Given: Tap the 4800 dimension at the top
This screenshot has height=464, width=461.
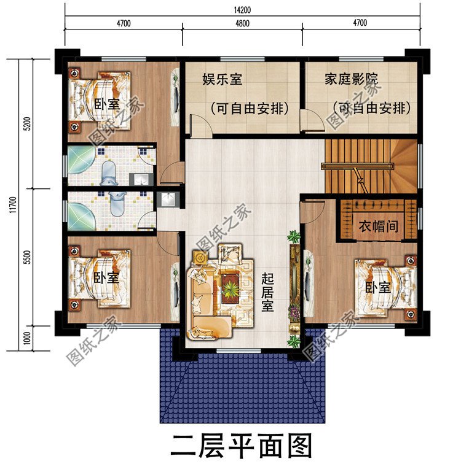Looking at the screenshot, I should tap(242, 24).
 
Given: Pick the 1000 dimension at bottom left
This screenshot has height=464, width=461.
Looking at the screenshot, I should tap(26, 337).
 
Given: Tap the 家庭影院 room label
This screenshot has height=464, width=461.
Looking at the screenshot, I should tap(351, 80).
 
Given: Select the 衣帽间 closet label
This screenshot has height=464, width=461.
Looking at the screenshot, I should tap(378, 226).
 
